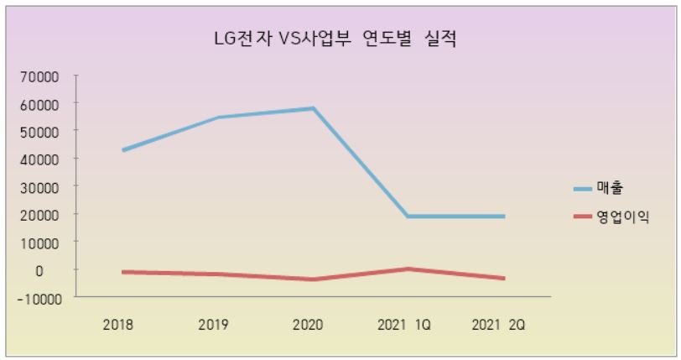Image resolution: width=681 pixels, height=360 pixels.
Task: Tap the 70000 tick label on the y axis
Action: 41,76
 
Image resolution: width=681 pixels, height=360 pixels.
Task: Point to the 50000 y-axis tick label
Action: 41,132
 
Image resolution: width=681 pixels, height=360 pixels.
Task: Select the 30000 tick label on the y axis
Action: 41,186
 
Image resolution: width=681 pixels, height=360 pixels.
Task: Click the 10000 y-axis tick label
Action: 41,242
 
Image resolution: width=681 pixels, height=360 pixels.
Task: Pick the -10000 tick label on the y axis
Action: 39,297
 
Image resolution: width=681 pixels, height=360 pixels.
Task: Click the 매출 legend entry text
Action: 611,187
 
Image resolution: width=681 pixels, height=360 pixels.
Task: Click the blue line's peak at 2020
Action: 313,108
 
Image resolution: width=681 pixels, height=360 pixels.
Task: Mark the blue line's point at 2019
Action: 218,117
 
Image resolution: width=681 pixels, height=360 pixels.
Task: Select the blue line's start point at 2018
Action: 123,150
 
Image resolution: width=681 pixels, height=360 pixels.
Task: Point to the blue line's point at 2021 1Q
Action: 408,217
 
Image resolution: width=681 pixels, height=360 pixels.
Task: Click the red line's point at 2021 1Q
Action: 408,269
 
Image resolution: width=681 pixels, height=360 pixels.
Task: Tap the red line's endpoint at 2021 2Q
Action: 503,279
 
